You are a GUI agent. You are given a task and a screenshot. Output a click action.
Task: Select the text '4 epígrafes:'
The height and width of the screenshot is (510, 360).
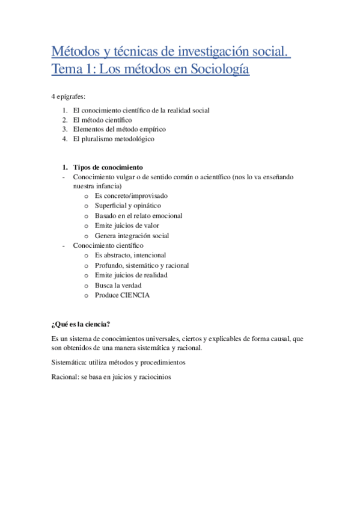pos(70,96)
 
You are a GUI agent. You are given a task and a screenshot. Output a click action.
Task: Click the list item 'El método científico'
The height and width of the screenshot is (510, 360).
pos(102,120)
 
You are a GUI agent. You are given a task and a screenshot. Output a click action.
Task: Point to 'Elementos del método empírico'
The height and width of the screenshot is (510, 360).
pos(119,129)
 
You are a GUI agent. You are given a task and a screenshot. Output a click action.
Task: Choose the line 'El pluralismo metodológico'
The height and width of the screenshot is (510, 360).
pos(114,138)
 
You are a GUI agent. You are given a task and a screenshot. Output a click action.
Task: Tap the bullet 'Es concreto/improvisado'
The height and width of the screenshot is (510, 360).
pos(131,196)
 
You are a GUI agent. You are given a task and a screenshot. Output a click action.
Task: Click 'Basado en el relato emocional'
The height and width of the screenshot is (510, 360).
pos(138,215)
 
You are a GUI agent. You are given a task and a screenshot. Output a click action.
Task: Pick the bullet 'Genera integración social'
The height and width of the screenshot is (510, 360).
pos(132,235)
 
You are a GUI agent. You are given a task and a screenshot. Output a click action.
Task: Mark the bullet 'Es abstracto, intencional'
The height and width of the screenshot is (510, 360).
pos(130,255)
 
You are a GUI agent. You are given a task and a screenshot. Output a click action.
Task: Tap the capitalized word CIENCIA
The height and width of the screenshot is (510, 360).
pos(135,295)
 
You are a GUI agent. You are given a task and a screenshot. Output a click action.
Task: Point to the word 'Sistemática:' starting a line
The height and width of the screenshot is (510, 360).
pos(69,362)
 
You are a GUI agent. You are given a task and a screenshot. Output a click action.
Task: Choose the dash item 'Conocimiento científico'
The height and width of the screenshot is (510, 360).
pos(108,245)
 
